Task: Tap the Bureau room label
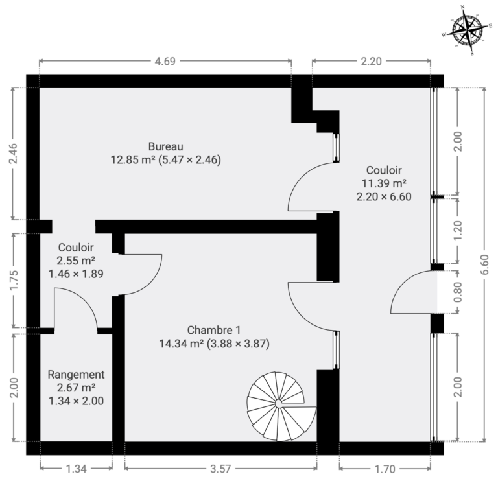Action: pyautogui.click(x=165, y=146)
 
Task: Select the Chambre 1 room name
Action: pyautogui.click(x=214, y=330)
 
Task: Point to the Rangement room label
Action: pyautogui.click(x=76, y=375)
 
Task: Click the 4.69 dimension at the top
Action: pyautogui.click(x=165, y=61)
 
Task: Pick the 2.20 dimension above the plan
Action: pyautogui.click(x=371, y=61)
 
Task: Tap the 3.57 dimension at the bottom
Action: pyautogui.click(x=220, y=469)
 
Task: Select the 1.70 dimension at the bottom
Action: pyautogui.click(x=385, y=469)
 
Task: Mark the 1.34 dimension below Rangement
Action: pyautogui.click(x=76, y=469)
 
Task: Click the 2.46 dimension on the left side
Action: pyautogui.click(x=14, y=154)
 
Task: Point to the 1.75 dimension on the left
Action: pyautogui.click(x=14, y=280)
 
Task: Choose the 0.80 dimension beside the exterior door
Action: pyautogui.click(x=458, y=292)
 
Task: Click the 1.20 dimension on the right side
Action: pyautogui.click(x=458, y=231)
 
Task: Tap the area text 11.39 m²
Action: pyautogui.click(x=384, y=183)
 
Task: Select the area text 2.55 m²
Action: pyautogui.click(x=76, y=261)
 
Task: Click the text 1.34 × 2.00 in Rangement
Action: pyautogui.click(x=76, y=401)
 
